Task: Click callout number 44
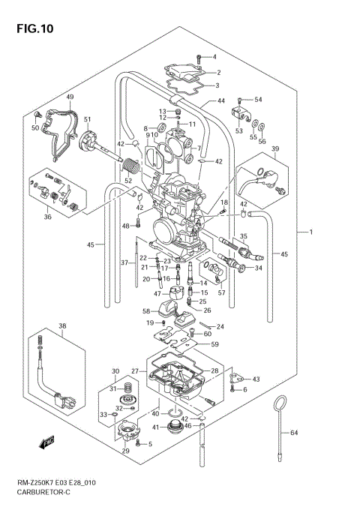(x=221, y=101)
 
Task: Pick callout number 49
(x=69, y=97)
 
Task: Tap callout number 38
(x=63, y=325)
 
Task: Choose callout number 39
(x=274, y=149)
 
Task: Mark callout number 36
(x=48, y=218)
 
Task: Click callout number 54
(x=258, y=100)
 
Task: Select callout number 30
(x=115, y=371)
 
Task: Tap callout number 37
(x=125, y=262)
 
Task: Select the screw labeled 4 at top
(x=199, y=58)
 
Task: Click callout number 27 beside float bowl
(x=135, y=371)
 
